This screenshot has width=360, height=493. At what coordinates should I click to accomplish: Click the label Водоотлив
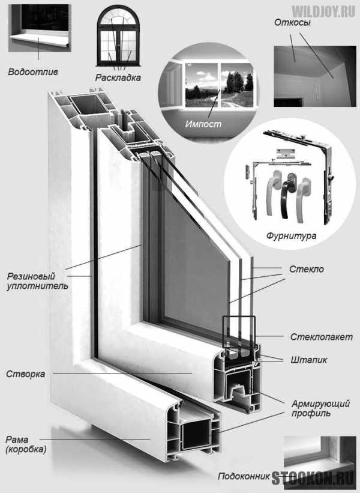coord(33,72)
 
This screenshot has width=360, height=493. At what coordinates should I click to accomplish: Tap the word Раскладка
coord(118,77)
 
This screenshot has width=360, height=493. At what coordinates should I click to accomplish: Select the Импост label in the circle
coord(203,124)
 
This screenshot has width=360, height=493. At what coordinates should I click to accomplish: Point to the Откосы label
coord(292,23)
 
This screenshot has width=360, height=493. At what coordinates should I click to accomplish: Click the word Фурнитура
coord(291,236)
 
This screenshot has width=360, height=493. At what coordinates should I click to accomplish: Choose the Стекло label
coord(306,269)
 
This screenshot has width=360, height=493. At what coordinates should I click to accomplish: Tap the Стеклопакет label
coord(322,337)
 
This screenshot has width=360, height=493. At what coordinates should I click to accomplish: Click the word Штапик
coord(309,360)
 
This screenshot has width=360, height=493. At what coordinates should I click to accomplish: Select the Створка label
coord(25,374)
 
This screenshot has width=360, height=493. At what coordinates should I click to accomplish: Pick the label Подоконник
coord(244,476)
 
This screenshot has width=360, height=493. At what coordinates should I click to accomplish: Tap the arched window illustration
coord(118,36)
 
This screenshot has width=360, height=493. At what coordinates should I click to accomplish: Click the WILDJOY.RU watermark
coord(323,11)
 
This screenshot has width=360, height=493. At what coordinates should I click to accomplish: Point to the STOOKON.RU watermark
coord(313,478)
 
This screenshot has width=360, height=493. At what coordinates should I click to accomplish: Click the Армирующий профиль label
coord(320,408)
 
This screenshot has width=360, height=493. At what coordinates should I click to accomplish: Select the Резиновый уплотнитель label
coord(37,281)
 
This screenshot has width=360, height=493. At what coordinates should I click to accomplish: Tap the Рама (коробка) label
coord(26,444)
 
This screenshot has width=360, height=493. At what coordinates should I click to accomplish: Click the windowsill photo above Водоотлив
coord(40,28)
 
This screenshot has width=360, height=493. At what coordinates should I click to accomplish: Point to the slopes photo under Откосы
coord(315,76)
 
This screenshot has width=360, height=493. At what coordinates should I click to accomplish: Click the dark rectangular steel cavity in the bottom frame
coord(196,435)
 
